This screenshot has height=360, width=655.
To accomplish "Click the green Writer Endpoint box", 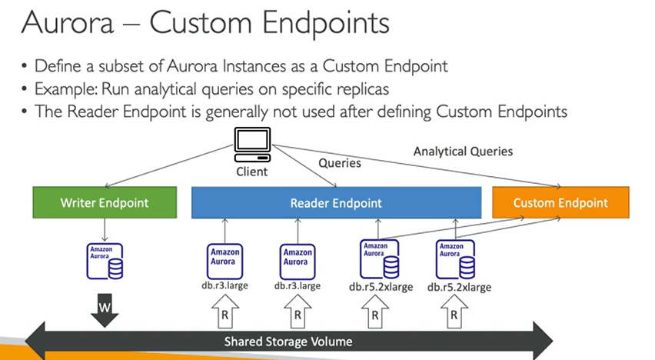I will [104, 203].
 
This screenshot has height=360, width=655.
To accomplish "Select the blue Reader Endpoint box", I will [335, 203].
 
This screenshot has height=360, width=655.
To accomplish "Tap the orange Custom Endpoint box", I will [560, 203].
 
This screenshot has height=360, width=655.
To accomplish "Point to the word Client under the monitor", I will [251, 171].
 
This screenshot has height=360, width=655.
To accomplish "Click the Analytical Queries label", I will [463, 151].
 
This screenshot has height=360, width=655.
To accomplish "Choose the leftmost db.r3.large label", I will [224, 285].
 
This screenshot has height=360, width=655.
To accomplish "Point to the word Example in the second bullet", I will [65, 88].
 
